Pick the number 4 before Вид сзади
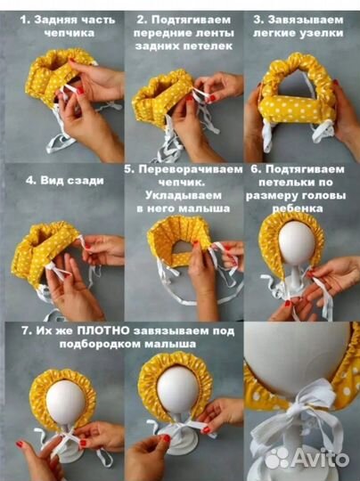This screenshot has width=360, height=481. [x=29, y=179]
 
